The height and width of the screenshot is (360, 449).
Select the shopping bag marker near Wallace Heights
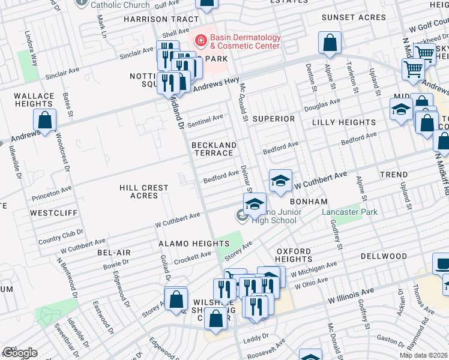(x=45, y=121)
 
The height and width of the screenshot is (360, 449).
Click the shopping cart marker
(x=412, y=70)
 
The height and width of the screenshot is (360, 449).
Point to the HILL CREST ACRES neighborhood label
(x=143, y=191)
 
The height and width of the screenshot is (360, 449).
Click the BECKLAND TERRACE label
(x=212, y=149)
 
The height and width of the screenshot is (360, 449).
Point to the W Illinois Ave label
(x=351, y=295)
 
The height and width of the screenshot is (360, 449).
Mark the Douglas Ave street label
(x=322, y=106)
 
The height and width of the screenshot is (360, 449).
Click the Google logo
(x=19, y=353)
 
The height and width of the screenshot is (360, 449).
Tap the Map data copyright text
(x=423, y=355)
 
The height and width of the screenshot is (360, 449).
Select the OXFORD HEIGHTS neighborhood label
(x=294, y=256)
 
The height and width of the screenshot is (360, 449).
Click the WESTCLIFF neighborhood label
(x=51, y=212)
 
